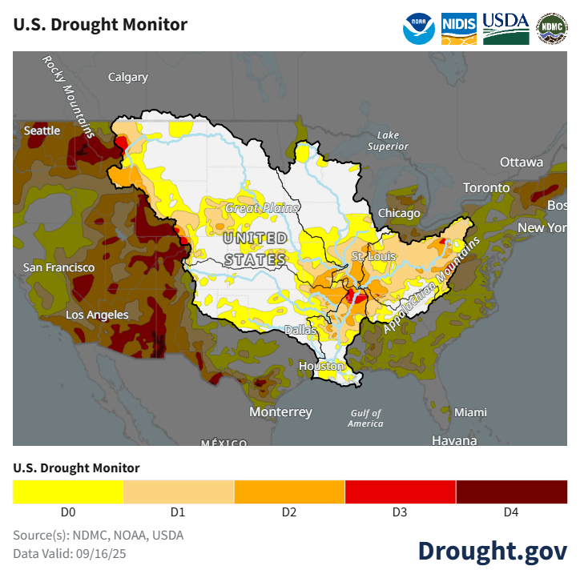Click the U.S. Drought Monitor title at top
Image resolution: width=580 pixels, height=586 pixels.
(x=100, y=24)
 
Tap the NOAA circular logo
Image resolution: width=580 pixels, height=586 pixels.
(x=419, y=28)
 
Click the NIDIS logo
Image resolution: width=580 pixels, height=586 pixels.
(x=459, y=28)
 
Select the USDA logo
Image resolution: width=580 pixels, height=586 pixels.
(x=505, y=28)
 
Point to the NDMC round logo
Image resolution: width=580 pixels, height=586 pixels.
(x=551, y=28)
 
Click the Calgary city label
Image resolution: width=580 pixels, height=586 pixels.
(x=128, y=77)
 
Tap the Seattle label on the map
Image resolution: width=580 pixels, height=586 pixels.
(x=42, y=130)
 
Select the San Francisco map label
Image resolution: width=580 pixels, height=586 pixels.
(x=58, y=267)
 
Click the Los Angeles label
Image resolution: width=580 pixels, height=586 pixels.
(x=96, y=315)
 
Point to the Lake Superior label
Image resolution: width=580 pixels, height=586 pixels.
(x=388, y=140)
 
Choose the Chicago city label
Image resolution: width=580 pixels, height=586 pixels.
(x=399, y=213)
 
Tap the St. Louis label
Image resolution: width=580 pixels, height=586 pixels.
(x=369, y=255)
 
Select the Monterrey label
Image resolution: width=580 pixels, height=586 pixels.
(x=280, y=411)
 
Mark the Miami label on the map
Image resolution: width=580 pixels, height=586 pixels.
(x=470, y=411)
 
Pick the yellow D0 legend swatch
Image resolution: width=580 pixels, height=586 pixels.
(x=68, y=492)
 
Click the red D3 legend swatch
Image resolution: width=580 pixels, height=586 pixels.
(x=401, y=492)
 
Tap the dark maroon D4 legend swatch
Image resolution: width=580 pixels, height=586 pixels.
(x=511, y=492)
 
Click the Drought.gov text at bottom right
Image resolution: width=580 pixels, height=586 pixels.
(x=492, y=550)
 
